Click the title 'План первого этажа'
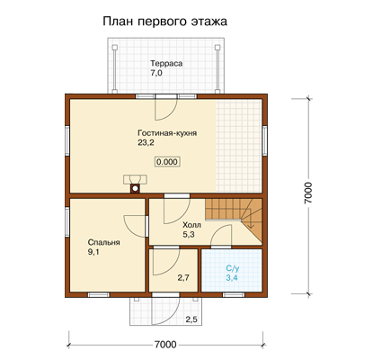pyautogui.click(x=164, y=22)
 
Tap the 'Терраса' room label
pyautogui.click(x=166, y=64)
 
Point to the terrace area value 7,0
pyautogui.click(x=156, y=73)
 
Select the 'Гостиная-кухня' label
pyautogui.click(x=167, y=133)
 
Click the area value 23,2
pyautogui.click(x=146, y=143)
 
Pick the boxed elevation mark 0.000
pyautogui.click(x=167, y=162)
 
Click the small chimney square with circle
pyautogui.click(x=136, y=188)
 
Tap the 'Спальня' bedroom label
pyautogui.click(x=103, y=242)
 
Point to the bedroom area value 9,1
pyautogui.click(x=93, y=252)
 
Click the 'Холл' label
pyautogui.click(x=191, y=225)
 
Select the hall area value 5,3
pyautogui.click(x=189, y=234)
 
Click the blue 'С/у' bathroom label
pyautogui.click(x=232, y=268)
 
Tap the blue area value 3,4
pyautogui.click(x=232, y=278)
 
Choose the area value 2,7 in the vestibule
pyautogui.click(x=183, y=278)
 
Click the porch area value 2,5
pyautogui.click(x=191, y=319)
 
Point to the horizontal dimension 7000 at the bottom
pyautogui.click(x=165, y=344)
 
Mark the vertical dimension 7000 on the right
pyautogui.click(x=308, y=193)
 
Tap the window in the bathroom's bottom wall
pyautogui.click(x=234, y=294)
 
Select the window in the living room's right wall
pyautogui.click(x=265, y=140)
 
